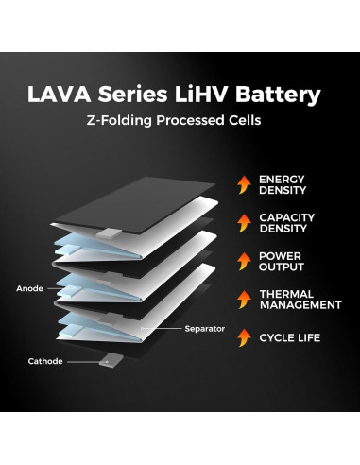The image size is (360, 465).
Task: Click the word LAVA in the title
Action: click(59, 96)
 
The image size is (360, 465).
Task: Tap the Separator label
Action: click(205, 328)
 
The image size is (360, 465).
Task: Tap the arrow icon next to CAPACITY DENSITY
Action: click(243, 224)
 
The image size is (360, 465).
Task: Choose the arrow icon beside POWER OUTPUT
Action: click(243, 262)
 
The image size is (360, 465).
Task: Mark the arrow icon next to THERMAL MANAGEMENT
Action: click(243, 300)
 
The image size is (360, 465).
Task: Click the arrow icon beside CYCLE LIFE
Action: click(243, 337)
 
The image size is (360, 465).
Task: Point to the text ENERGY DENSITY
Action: click(282, 185)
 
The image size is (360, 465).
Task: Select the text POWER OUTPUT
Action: click(281, 262)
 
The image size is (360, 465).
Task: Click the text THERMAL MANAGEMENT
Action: click(300, 300)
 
